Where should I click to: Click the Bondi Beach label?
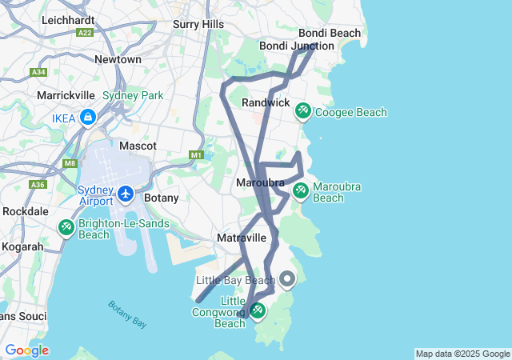point(330,33)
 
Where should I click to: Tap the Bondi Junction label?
point(295,46)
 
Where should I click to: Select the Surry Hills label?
point(198,25)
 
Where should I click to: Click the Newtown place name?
point(118,59)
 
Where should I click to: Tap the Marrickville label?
point(67,95)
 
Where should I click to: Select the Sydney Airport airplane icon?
point(126,194)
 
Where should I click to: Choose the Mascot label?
point(138,146)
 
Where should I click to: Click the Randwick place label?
point(266,102)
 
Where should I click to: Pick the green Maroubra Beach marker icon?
point(300,190)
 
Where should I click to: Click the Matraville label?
point(241,238)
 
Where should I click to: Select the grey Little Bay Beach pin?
point(286,279)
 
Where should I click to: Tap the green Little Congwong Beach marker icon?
point(258,310)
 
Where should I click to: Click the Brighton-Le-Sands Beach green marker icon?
point(66,227)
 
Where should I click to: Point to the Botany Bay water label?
point(127,314)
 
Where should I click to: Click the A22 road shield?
point(86,32)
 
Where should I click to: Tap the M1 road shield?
point(197,154)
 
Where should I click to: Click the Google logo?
point(26,350)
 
